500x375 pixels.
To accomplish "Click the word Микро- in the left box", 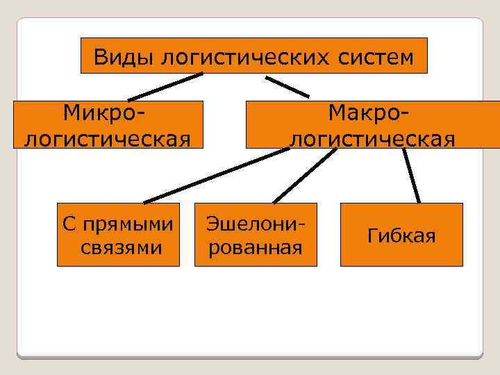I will [108, 112].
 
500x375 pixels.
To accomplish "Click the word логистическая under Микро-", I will [108, 137].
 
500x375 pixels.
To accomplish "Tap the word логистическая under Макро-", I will [372, 137].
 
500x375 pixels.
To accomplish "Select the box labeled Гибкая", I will [401, 235].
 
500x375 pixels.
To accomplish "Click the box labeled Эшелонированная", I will [256, 235].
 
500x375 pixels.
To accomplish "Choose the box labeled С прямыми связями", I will [118, 235].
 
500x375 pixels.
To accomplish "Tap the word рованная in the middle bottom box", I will [256, 247].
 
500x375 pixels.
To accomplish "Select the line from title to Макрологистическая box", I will [287, 86].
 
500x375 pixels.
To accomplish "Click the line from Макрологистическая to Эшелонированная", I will [303, 176].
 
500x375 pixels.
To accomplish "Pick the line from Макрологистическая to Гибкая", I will [412, 176].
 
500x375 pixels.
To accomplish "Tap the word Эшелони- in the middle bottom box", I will [256, 223].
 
